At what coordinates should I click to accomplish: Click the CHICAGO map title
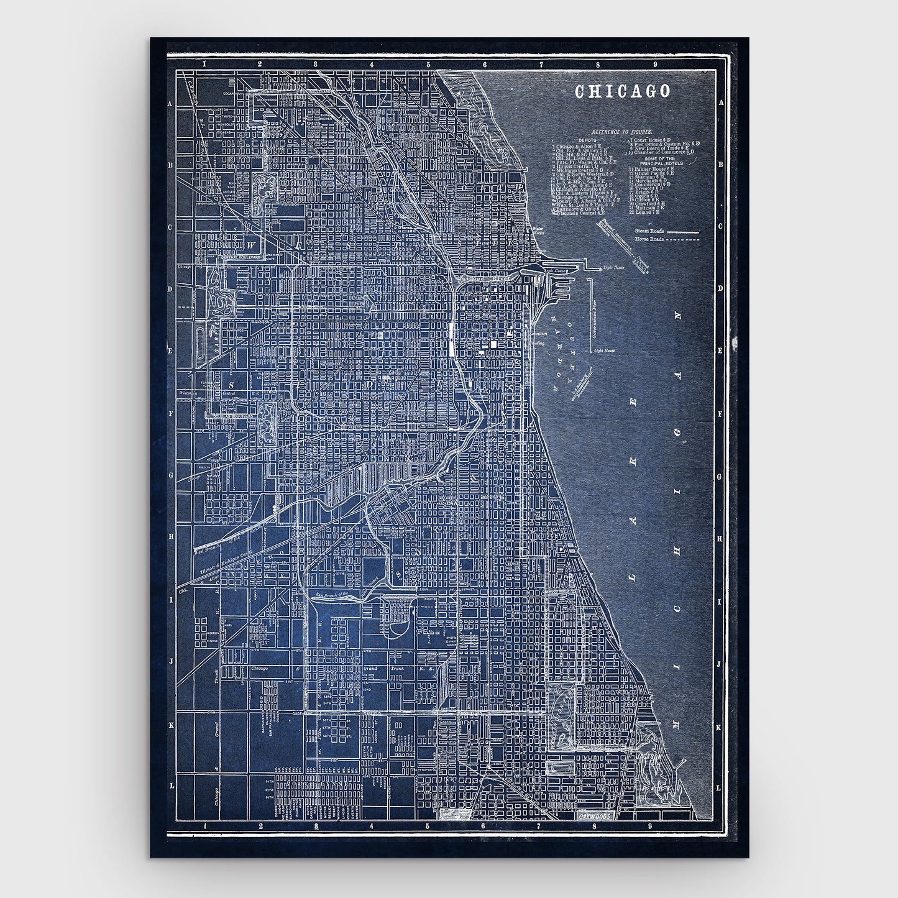(x=623, y=91)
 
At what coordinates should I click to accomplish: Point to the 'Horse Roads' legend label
(x=649, y=239)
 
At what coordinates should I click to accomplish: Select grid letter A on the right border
(x=721, y=103)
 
